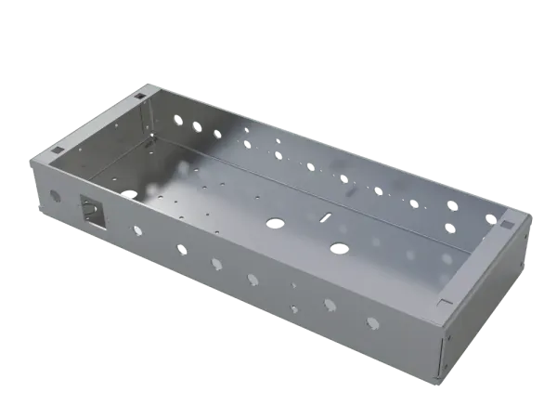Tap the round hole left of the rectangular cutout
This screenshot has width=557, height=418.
click(54, 196)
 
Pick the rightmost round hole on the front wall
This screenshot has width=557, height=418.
click(372, 322)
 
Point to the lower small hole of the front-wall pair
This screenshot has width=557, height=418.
click(293, 307)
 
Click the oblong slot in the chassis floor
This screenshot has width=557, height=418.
click(324, 216)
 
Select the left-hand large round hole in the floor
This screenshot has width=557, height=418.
click(275, 223)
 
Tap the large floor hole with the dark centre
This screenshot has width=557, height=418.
click(339, 248)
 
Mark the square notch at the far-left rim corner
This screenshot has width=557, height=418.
click(140, 93)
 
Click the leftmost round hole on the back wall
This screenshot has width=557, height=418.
click(176, 118)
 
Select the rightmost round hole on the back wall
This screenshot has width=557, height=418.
click(490, 218)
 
